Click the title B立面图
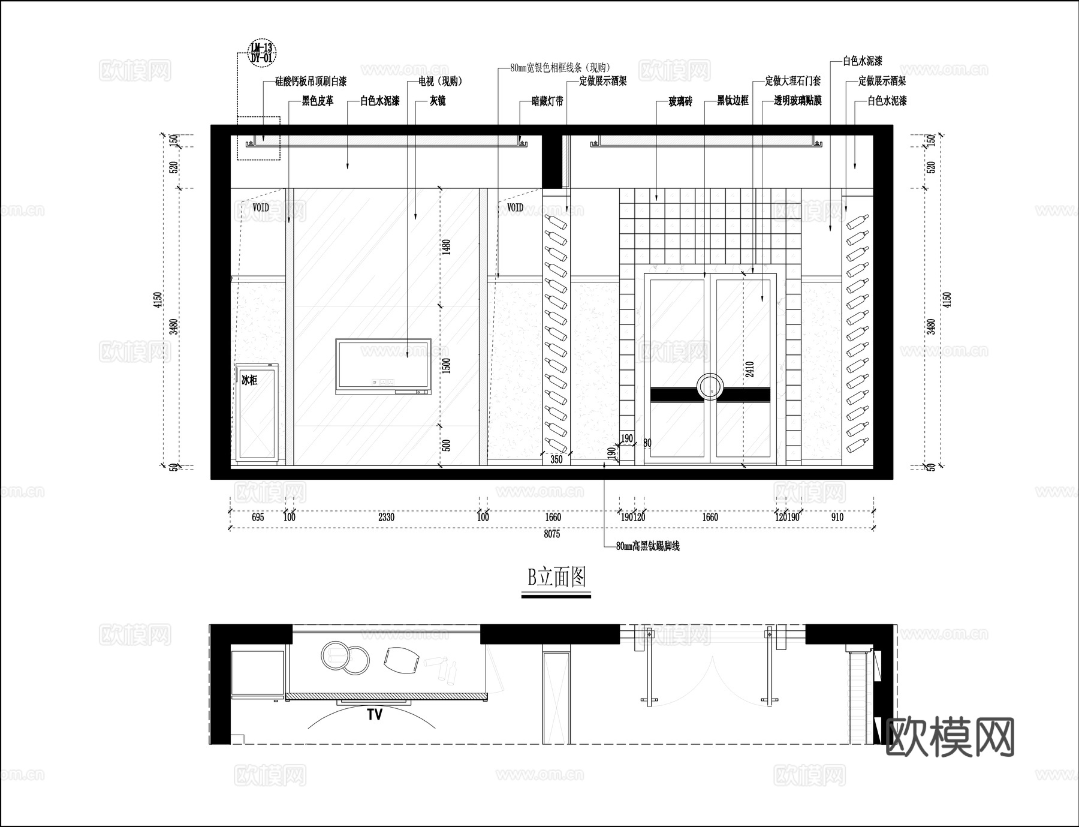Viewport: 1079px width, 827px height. point(556,578)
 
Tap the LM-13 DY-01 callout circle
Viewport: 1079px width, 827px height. point(261,53)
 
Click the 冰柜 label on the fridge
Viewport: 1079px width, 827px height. point(249,380)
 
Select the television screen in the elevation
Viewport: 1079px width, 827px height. point(383,363)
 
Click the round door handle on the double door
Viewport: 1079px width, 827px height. point(710,387)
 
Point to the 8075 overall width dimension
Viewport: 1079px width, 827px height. point(551,534)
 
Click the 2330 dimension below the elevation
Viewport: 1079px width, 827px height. point(386,517)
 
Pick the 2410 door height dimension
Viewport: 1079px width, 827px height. point(749,369)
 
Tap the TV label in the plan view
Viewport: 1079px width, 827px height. point(375,714)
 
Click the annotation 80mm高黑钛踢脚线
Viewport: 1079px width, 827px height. point(647,546)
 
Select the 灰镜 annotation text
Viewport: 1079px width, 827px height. point(438,101)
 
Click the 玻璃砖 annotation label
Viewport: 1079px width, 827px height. point(680,101)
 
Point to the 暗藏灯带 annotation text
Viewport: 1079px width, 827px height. point(547,101)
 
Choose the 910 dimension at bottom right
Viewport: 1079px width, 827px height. point(837,517)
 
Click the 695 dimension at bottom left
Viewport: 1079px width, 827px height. point(258,517)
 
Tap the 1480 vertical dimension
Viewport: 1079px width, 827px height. point(445,246)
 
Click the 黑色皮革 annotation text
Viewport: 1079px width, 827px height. point(318,101)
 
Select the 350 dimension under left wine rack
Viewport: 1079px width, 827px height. point(556,459)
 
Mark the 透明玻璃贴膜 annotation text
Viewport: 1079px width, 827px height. point(797,101)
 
